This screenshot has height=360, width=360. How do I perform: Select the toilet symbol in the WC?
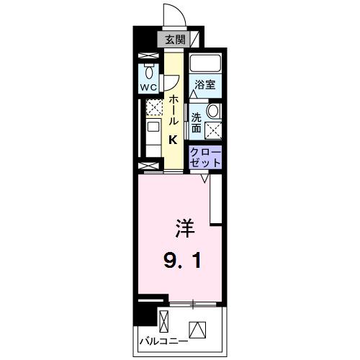pos(148,73)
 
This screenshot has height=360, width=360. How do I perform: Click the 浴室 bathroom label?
pos(204,85)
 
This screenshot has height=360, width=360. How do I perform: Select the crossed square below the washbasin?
pos(213,130)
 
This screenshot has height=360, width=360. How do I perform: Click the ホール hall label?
pos(174,112)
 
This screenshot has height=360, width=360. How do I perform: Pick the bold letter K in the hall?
pos(174,141)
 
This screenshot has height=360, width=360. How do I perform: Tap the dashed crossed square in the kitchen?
pos(153,108)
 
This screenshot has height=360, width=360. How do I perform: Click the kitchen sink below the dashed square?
pos(153,127)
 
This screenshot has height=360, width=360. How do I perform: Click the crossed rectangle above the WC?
pos(148,55)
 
